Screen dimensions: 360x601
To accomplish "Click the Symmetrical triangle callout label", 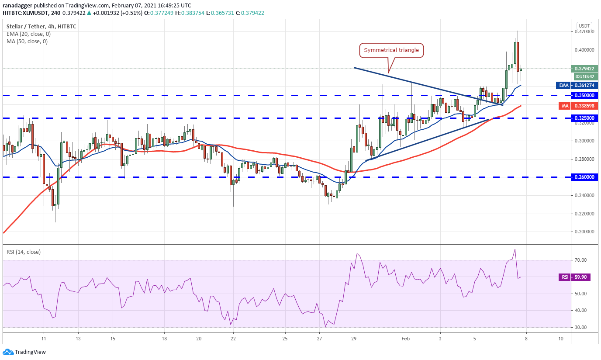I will pyautogui.click(x=392, y=50).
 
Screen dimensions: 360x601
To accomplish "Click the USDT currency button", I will pyautogui.click(x=584, y=25).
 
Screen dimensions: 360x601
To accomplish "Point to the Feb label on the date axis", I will pyautogui.click(x=406, y=338).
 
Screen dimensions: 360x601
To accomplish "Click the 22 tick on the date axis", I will pyautogui.click(x=233, y=338).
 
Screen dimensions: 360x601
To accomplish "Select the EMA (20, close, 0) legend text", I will pyautogui.click(x=27, y=34).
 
